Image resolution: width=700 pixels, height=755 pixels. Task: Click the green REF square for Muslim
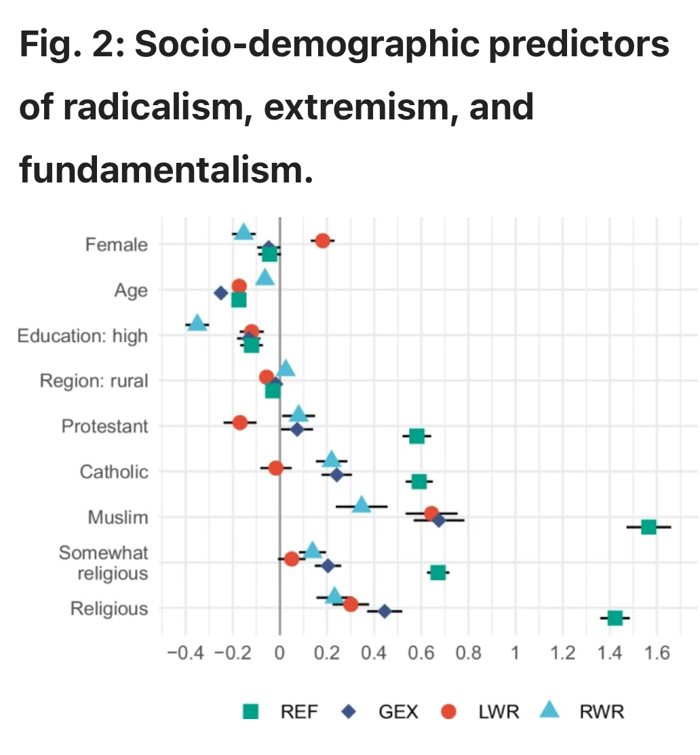coord(648,527)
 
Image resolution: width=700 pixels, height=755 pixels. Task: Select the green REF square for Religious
coord(615,618)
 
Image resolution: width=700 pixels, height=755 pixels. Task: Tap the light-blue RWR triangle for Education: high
coord(197,323)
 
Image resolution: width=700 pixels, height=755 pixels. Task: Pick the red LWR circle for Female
coord(322,241)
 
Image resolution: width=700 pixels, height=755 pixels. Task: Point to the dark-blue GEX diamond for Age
coord(220,293)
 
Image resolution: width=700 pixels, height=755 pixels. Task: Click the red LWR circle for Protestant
coord(239,422)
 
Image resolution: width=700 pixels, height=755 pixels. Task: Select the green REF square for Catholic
coord(419,482)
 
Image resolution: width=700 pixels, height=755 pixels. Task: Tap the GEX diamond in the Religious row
coord(384,611)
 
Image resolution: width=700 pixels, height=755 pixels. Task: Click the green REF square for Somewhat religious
coord(438,573)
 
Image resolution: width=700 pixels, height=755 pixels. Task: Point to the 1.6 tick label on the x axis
coord(657,654)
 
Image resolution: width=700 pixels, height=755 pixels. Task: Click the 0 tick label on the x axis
coord(279,654)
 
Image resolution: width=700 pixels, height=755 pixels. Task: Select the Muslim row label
coord(117,518)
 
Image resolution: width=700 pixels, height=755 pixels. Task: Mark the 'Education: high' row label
coord(82,336)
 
